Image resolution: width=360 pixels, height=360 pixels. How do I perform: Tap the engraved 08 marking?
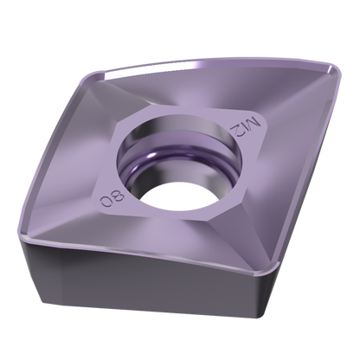coord(112,199)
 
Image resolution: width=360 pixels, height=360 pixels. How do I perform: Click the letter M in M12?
coord(254,124)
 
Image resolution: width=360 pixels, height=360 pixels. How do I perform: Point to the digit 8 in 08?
coord(119,196)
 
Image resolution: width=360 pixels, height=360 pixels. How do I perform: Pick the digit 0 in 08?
coord(106,202)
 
